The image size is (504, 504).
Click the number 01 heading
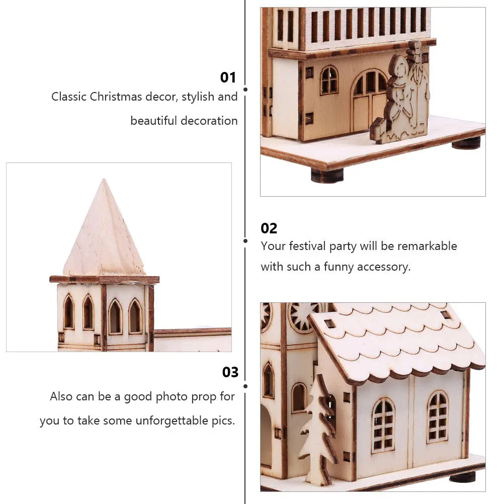tap(228, 77)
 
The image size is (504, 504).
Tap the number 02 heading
tap(269, 228)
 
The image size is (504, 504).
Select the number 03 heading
tap(230, 372)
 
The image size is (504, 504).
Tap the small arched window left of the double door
tap(329, 80)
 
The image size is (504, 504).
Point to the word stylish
tap(198, 97)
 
